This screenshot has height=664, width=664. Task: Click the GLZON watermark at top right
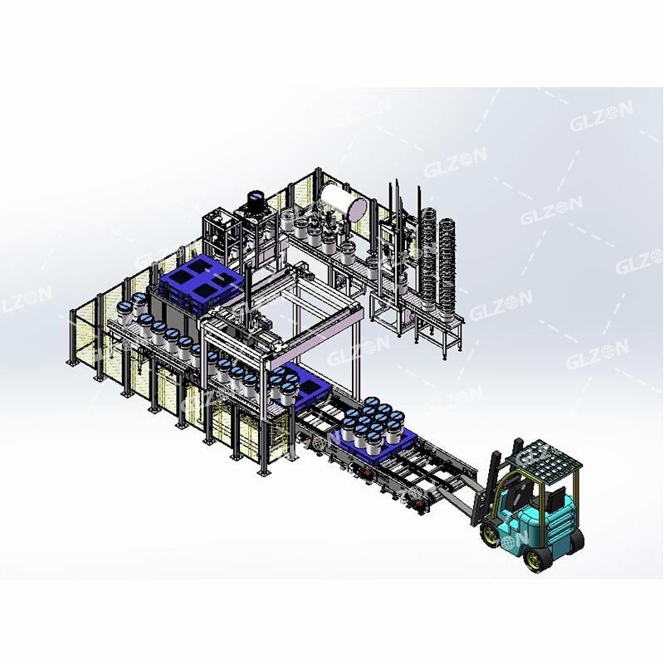point(601,115)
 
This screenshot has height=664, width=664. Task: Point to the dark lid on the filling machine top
point(256,198)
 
